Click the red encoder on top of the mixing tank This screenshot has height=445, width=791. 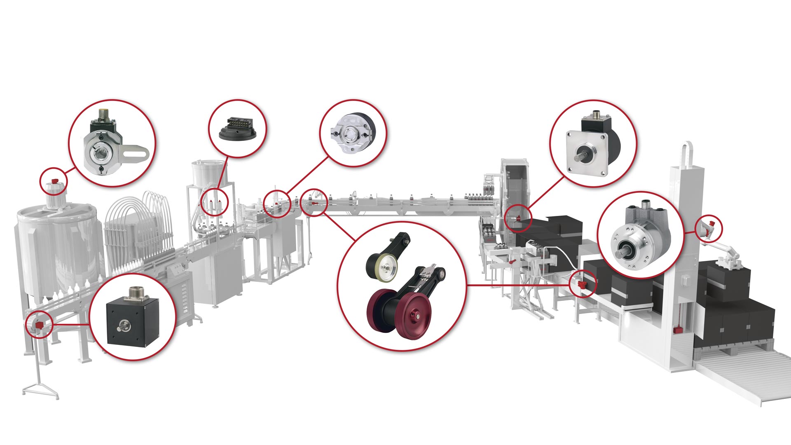point(54,181)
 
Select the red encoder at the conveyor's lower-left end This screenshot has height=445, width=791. point(39,325)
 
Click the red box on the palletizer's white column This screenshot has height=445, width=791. point(676,329)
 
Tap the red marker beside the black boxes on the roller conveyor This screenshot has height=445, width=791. point(582,284)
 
